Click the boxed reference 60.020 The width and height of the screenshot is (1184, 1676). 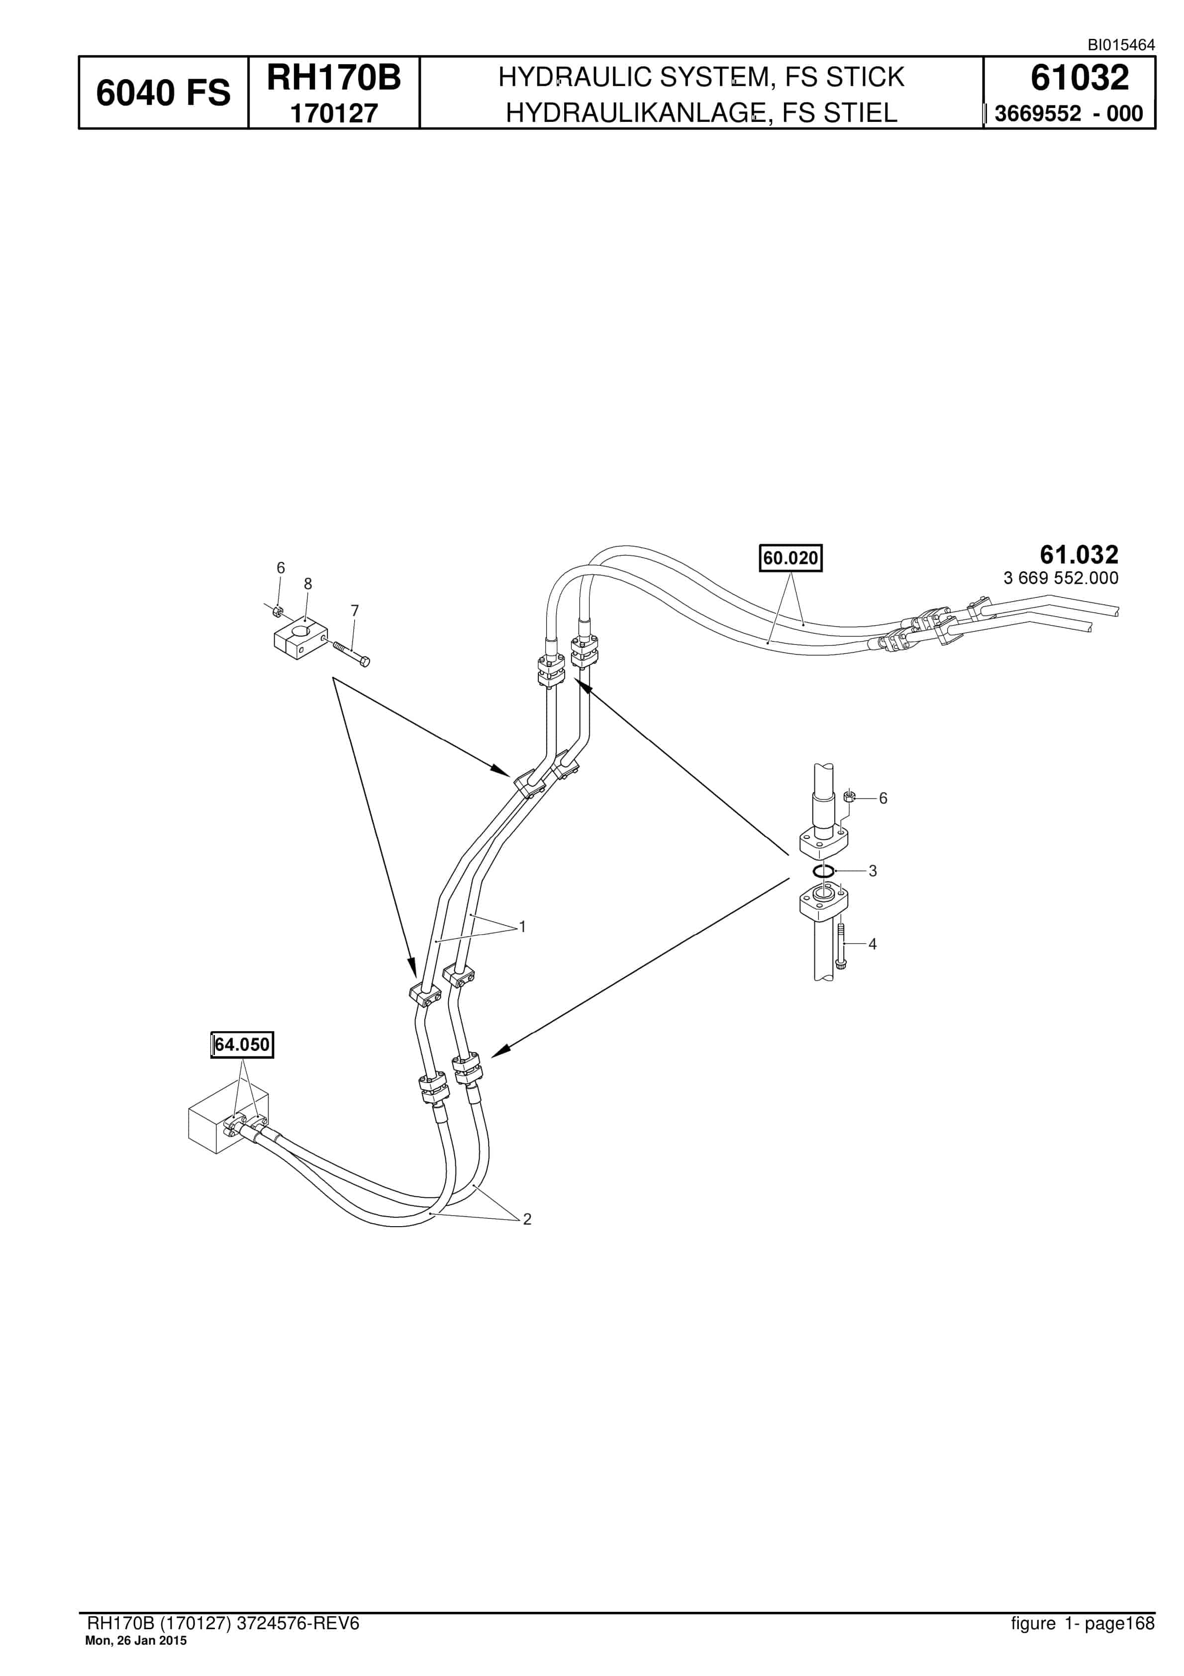(790, 558)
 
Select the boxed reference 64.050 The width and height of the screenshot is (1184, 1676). (242, 1045)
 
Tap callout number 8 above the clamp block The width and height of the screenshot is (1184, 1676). (308, 584)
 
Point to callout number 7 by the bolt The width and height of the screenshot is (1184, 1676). (355, 611)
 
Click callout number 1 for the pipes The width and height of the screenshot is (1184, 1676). (523, 927)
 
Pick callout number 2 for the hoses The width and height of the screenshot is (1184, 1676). (527, 1219)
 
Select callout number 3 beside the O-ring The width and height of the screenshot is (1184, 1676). (872, 871)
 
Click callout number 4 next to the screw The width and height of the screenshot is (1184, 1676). (872, 944)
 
